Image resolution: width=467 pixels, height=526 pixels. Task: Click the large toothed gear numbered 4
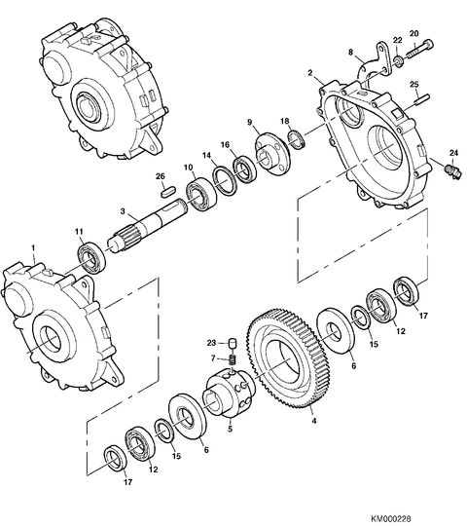(291, 358)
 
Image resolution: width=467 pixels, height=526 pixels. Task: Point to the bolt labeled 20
(420, 49)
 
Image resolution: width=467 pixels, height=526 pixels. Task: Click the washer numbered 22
(398, 61)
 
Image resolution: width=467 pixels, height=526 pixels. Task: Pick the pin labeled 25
(422, 99)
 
